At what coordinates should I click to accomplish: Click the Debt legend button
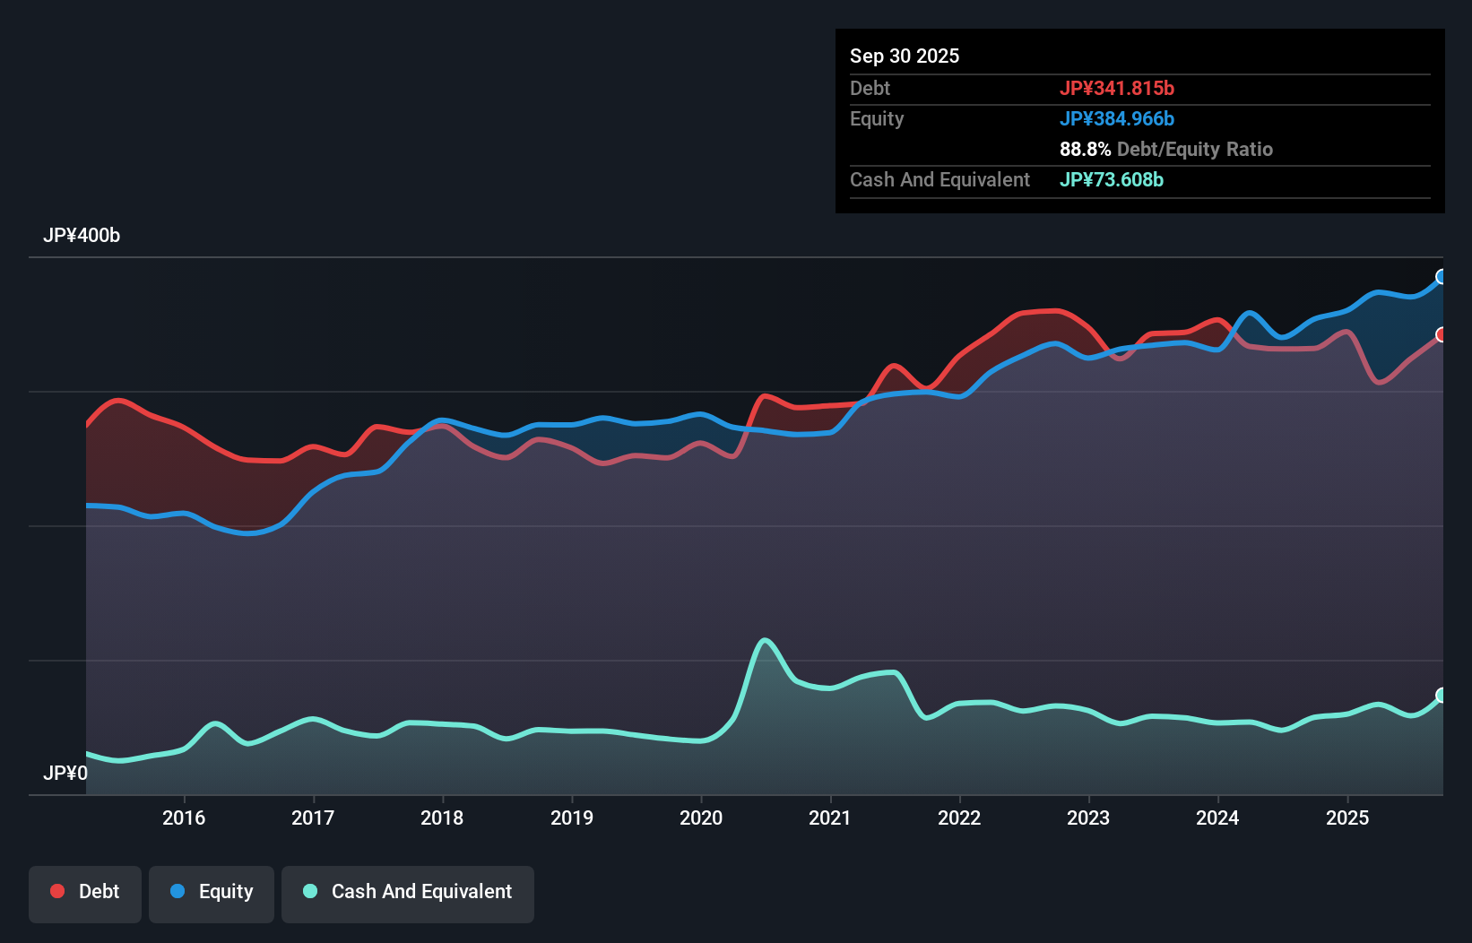[85, 893]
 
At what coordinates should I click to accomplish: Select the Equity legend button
[212, 893]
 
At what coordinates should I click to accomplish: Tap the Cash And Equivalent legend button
[408, 893]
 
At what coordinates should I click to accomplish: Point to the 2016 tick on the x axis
[184, 818]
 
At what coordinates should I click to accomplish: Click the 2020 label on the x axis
[701, 818]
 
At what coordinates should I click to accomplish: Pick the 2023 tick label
[1088, 818]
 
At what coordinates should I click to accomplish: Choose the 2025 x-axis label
[1347, 818]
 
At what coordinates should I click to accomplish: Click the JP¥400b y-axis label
[82, 236]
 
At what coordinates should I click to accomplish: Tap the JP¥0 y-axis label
[65, 773]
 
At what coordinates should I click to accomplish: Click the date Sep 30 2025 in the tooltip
[905, 56]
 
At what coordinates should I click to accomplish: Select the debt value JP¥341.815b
[1116, 88]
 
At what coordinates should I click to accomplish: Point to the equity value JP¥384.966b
[1116, 118]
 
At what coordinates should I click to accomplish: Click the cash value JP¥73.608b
[1111, 179]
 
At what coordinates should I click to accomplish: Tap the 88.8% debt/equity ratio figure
[1085, 149]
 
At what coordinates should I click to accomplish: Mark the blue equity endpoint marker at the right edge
[1442, 277]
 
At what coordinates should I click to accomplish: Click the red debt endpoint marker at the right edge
[1442, 334]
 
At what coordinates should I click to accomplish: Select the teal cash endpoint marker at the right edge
[1442, 696]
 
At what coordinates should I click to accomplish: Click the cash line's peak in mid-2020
[765, 640]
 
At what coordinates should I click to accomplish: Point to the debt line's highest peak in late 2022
[1056, 311]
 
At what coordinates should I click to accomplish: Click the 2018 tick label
[442, 818]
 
